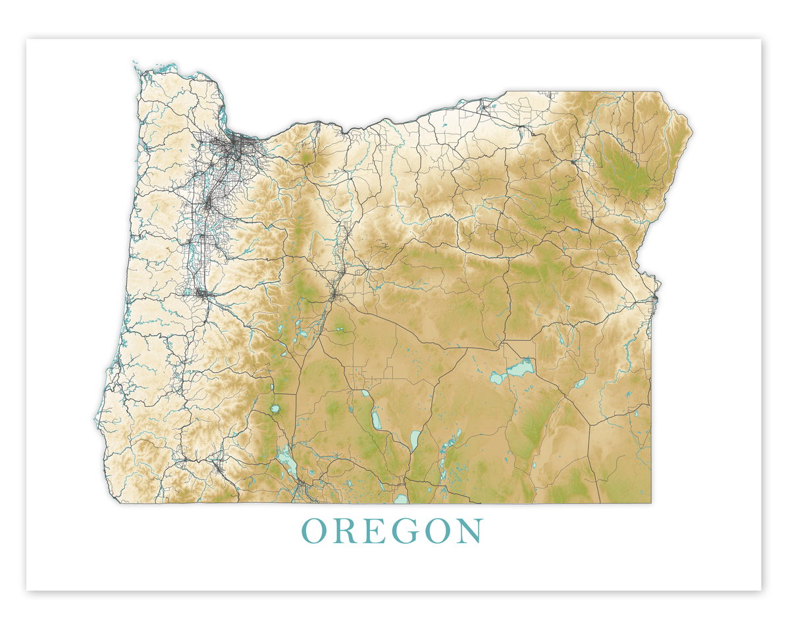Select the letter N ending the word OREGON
coord(469,531)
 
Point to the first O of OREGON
coord(315,531)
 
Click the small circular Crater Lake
coord(275,410)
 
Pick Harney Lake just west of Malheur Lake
coord(496,379)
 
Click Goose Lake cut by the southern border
coord(401,499)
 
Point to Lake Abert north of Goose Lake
coord(415,438)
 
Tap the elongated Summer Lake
coord(377,418)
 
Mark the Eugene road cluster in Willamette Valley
coord(200,292)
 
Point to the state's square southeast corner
coord(650,502)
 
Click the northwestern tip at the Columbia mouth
coord(136,66)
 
